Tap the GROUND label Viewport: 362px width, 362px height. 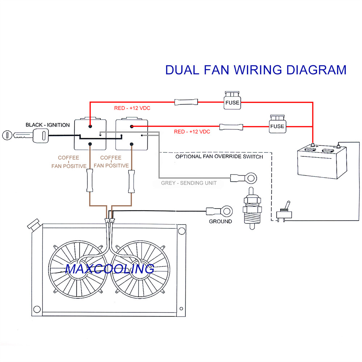click(x=220, y=221)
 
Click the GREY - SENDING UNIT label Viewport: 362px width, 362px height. click(x=189, y=183)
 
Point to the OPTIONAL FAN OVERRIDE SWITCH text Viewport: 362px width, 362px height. click(x=219, y=157)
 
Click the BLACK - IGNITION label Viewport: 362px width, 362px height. click(x=47, y=125)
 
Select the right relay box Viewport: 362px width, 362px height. click(x=131, y=134)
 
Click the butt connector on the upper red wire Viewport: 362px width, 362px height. click(x=186, y=102)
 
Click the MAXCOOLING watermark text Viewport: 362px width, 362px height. click(x=110, y=269)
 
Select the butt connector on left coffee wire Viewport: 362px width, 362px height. click(x=89, y=182)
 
